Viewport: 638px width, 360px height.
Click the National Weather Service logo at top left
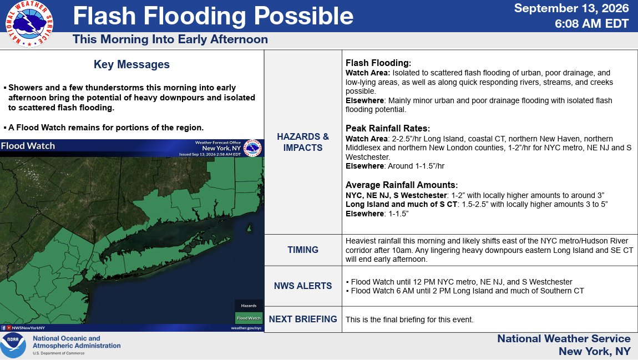29,24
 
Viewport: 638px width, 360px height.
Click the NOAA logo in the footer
13,346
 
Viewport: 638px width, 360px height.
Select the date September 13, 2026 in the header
571,8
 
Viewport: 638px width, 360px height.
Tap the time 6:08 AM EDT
591,24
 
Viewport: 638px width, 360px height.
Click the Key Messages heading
131,64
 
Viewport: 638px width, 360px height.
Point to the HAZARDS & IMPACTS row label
303,142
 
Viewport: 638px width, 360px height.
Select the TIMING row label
303,250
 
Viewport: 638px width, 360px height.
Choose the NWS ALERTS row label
303,286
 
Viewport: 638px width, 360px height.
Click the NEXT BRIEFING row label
303,320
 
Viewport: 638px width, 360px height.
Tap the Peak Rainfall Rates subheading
388,129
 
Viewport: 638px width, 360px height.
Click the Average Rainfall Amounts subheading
402,185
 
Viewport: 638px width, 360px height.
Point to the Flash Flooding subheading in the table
378,63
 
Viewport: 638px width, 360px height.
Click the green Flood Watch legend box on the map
249,318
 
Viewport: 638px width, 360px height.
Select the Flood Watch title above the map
28,146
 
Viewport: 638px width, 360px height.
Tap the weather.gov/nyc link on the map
246,328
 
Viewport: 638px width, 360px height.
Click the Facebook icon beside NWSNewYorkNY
3,328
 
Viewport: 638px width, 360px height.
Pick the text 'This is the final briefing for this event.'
409,320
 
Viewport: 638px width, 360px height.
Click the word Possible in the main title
303,16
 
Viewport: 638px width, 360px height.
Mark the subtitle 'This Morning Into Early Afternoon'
170,39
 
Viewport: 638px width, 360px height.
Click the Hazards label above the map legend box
249,306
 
